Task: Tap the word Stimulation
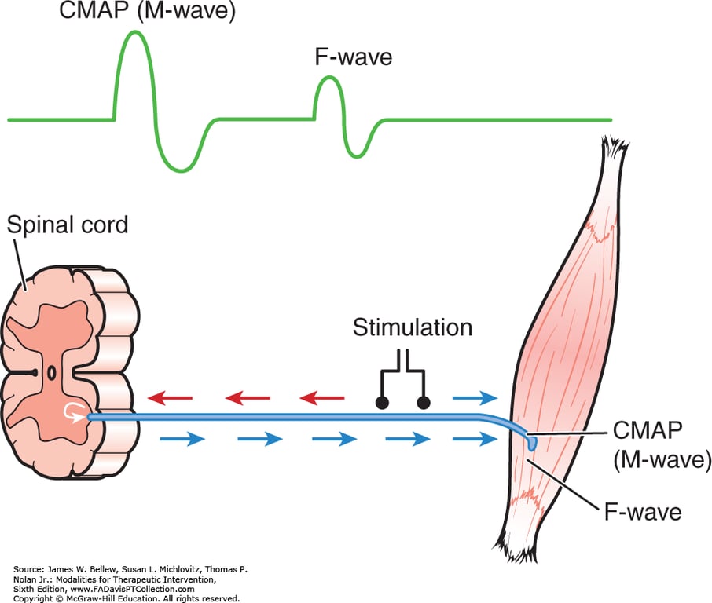tap(413, 327)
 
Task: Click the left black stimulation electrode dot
tap(382, 403)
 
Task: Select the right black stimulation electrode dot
tap(424, 403)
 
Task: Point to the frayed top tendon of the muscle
tap(613, 149)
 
